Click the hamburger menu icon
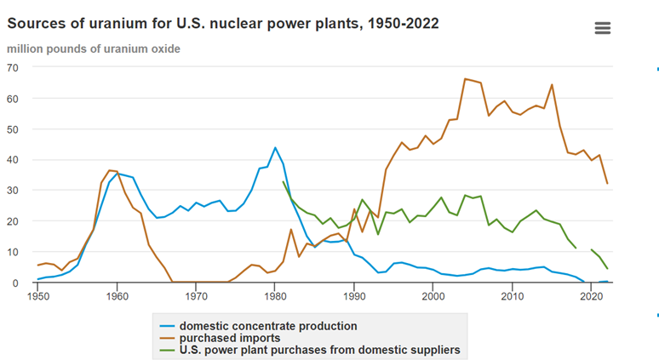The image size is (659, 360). (603, 28)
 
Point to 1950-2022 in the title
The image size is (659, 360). (400, 23)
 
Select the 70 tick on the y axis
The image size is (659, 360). (14, 67)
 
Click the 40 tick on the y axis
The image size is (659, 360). (14, 159)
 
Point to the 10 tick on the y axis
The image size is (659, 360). (14, 252)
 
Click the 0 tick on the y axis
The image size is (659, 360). (17, 283)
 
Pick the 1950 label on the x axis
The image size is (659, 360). (37, 296)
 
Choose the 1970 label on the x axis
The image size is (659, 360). (196, 296)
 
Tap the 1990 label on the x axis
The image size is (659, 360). (354, 296)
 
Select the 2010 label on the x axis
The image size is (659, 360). (513, 296)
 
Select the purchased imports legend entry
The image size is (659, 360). (230, 337)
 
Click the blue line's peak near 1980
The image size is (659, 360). (275, 147)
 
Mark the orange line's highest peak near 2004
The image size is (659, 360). (465, 79)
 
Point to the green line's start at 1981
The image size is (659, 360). (283, 181)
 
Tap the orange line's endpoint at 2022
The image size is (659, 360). (607, 183)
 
